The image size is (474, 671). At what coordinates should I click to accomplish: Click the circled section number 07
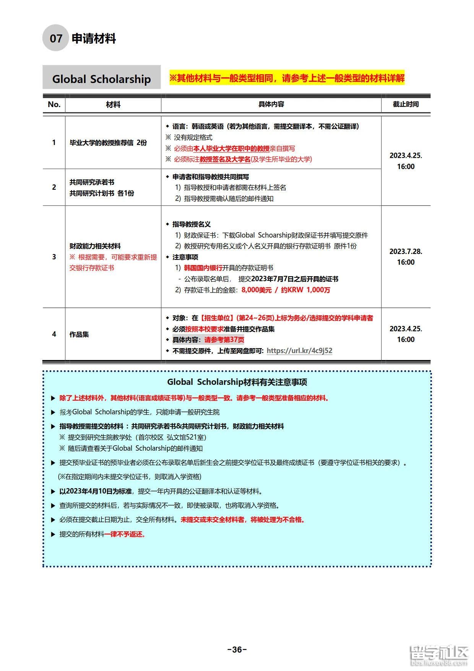pos(56,38)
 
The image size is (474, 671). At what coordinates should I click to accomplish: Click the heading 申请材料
pos(94,39)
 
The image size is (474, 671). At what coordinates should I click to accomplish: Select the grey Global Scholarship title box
pos(101,79)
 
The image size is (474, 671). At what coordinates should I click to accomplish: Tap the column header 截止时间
pos(406,104)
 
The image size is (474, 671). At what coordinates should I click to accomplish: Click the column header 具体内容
pos(271,104)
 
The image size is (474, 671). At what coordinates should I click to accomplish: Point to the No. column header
pos(54,104)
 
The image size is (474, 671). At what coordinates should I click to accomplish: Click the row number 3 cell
pos(54,257)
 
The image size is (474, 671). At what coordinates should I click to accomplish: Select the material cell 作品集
pos(79,334)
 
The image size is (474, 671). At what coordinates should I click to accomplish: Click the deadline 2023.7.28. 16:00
pos(406,257)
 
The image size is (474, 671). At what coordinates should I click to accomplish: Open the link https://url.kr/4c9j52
pos(299,350)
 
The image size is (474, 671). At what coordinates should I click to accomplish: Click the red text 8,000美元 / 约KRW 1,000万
pos(286,290)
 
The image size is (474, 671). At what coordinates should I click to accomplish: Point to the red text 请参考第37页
pos(224,340)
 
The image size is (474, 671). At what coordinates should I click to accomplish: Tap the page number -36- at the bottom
pos(237,650)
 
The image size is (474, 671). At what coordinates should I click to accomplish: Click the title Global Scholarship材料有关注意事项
pos(237,382)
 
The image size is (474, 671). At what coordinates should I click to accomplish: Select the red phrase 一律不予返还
pos(125,534)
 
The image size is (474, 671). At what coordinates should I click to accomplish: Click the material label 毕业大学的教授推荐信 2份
pos(108,143)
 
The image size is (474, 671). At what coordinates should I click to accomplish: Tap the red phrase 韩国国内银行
pos(203,268)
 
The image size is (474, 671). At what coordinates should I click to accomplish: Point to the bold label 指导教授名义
pos(192,224)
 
